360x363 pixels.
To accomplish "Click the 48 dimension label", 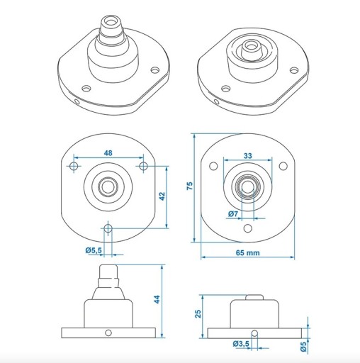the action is point(108,153).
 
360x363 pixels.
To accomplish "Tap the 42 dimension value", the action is point(162,196).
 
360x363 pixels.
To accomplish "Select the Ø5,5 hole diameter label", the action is point(94,250).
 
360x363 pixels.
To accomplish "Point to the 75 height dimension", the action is point(190,186).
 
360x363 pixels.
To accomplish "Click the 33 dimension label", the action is point(248,156).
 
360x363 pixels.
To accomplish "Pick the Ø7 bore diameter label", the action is point(233,214).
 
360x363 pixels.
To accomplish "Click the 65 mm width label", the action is point(248,253).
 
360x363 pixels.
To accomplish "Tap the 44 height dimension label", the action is point(157,299).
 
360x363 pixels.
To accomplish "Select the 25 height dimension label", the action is point(198,313).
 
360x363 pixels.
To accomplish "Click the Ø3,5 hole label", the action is point(241,344).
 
